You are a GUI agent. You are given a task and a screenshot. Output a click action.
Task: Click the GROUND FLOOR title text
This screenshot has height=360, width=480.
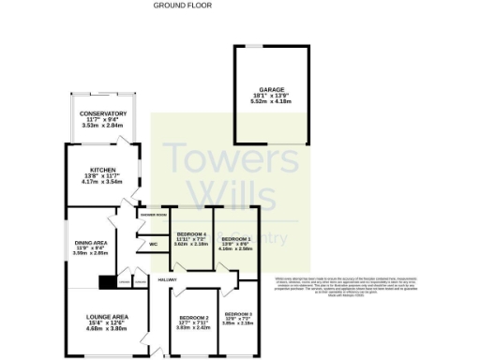click(174, 5)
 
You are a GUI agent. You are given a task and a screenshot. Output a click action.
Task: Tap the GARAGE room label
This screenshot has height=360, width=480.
click(272, 90)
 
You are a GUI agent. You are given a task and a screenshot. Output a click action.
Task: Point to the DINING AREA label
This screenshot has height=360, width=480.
click(92, 243)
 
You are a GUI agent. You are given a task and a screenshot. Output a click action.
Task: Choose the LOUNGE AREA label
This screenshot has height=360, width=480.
click(100, 317)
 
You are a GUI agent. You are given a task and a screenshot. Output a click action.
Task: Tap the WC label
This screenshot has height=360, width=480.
click(153, 245)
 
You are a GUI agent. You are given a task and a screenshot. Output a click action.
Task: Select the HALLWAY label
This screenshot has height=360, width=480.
click(168, 279)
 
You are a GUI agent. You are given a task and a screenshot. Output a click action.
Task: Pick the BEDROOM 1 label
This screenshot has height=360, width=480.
click(235, 239)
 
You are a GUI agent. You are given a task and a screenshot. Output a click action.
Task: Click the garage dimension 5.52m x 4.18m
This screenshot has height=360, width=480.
click(272, 100)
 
